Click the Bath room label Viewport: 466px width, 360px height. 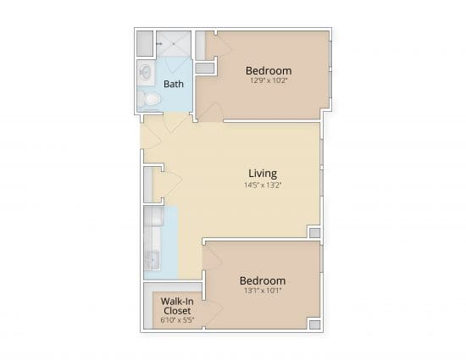click(174, 84)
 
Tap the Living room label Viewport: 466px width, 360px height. click(263, 174)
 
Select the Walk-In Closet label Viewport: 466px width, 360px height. click(177, 306)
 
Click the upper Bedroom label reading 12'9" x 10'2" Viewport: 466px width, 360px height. click(269, 70)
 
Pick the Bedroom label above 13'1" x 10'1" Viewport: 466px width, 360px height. click(263, 280)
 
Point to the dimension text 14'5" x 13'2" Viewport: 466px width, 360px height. click(263, 186)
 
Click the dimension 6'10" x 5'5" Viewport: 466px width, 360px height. click(177, 320)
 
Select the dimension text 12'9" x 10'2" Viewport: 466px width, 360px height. click(269, 80)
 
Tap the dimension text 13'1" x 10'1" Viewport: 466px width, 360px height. click(263, 291)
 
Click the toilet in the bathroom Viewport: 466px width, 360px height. click(149, 98)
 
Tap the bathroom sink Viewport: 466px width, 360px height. click(146, 72)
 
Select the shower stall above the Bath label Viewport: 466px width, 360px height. click(174, 44)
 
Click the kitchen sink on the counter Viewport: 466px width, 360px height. click(153, 260)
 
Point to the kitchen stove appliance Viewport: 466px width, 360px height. click(153, 217)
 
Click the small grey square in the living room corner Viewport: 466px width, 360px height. click(314, 233)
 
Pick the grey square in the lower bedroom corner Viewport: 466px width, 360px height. click(314, 324)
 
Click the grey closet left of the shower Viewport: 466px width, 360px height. click(145, 43)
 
